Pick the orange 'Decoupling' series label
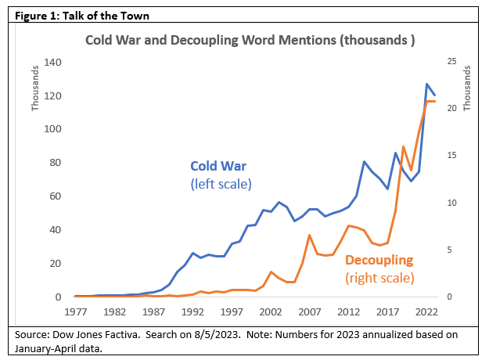[379, 261]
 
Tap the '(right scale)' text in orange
[379, 278]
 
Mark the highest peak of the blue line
[427, 84]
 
